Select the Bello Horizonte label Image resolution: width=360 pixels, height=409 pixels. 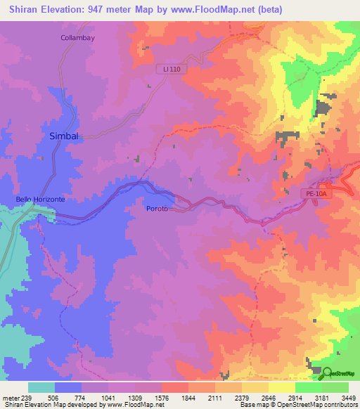[41, 200]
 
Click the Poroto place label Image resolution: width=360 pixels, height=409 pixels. [156, 209]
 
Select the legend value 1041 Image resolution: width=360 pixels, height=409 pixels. [108, 398]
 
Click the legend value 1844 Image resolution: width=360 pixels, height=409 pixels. [188, 398]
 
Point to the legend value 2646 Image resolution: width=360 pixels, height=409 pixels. [269, 398]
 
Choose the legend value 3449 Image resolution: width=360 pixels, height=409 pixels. [349, 398]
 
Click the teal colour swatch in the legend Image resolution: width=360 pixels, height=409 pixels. [41, 387]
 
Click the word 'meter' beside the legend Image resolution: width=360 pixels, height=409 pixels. [11, 398]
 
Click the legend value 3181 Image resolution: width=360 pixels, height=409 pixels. [322, 398]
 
